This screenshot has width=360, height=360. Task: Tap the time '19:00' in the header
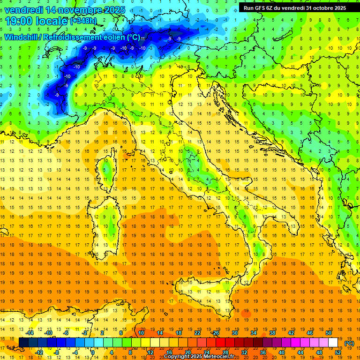click(20, 21)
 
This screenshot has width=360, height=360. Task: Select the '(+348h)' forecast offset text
click(84, 22)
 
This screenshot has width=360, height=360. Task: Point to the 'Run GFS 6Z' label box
click(295, 8)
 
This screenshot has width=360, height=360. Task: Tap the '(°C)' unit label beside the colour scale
click(349, 343)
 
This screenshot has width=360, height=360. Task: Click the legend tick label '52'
click(338, 352)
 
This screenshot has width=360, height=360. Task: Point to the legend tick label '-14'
click(30, 333)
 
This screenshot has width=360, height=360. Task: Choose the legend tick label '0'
click(92, 352)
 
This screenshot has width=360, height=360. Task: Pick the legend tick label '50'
click(328, 333)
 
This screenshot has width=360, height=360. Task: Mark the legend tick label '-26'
click(215, 333)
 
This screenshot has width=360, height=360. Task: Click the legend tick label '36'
click(263, 352)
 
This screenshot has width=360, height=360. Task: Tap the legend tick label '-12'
click(39, 352)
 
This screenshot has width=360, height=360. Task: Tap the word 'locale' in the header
click(53, 21)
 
